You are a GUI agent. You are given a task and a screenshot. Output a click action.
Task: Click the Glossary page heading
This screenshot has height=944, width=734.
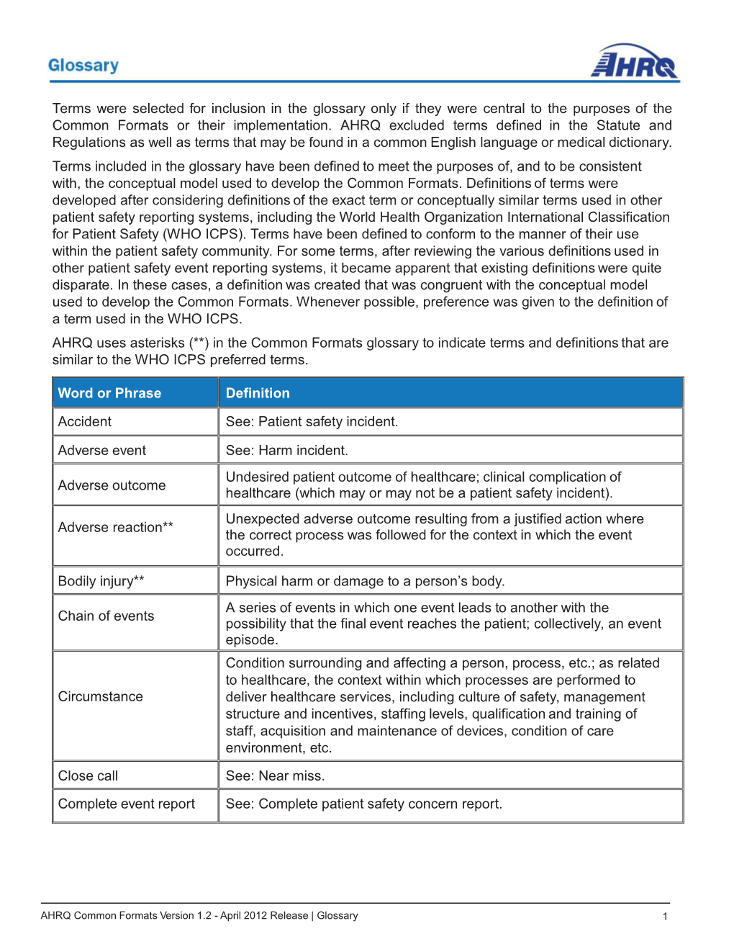coord(83,66)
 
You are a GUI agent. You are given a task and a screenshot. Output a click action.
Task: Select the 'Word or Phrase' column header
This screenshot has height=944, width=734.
coord(109,393)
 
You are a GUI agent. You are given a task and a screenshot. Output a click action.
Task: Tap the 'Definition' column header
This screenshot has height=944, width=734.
coord(258,393)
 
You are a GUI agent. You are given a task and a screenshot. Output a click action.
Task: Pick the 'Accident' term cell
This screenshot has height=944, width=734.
coord(85,422)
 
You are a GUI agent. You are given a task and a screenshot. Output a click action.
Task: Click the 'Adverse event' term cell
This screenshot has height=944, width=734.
coord(102,451)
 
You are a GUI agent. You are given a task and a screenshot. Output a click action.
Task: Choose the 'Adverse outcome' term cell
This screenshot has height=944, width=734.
coord(112,485)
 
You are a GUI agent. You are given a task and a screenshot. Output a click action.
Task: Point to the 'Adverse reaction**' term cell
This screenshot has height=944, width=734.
coord(116,527)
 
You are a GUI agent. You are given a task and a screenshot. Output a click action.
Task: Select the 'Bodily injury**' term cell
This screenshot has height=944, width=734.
coord(101,581)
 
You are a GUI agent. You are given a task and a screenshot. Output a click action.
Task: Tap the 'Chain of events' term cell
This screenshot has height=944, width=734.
coord(106,616)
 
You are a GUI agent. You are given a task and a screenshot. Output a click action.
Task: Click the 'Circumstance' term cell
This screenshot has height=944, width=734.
coord(101,697)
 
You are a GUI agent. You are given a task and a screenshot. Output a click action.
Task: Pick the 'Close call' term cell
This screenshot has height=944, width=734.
coord(88,776)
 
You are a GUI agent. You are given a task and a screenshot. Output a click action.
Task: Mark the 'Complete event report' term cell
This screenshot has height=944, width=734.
coord(127,804)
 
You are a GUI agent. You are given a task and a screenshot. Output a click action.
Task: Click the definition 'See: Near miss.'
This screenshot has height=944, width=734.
coord(275,776)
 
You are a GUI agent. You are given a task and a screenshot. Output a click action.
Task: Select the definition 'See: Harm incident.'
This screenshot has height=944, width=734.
coord(286,451)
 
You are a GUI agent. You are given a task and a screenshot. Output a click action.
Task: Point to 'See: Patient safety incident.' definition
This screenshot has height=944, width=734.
coord(312,422)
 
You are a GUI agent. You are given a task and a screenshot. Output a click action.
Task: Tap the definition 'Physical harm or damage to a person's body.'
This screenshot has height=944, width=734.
coord(365,581)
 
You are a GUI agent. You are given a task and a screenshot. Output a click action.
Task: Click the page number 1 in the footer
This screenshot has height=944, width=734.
coord(665,917)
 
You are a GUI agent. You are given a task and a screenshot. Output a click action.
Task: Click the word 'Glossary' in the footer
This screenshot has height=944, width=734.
coord(337,916)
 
